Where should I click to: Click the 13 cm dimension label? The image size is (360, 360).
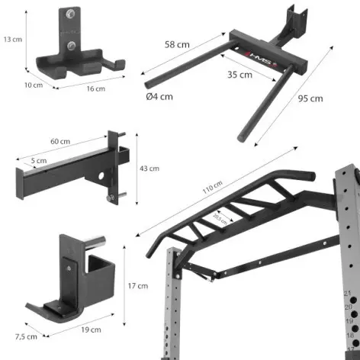tap(11, 39)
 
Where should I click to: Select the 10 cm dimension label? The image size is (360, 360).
tap(33, 85)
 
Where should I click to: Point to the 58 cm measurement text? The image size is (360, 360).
tap(178, 44)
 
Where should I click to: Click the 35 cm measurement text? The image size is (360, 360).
tap(240, 75)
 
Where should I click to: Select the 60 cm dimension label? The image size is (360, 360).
tap(60, 142)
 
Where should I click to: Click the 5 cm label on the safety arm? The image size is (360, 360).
tap(39, 161)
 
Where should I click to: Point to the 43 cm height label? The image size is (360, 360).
tap(149, 169)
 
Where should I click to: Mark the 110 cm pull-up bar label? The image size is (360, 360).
tap(213, 187)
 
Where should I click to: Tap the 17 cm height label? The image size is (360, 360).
tap(137, 286)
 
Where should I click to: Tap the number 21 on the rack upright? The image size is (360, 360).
tap(348, 292)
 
